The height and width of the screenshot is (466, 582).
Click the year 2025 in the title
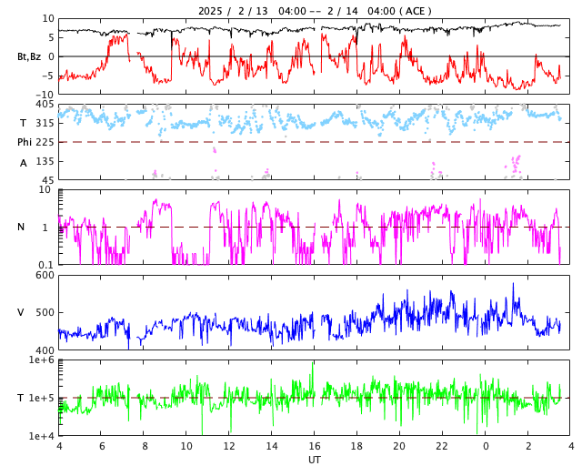point(210,11)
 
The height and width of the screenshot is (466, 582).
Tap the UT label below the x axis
point(314,460)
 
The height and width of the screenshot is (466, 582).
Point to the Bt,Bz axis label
point(29,56)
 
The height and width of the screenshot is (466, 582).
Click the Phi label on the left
point(25,142)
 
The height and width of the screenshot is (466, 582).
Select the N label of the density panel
point(21,227)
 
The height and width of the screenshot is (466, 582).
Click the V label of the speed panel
point(21,312)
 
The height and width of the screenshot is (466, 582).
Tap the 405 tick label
point(45,105)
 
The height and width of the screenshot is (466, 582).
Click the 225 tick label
point(45,142)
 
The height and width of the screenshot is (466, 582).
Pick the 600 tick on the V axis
point(45,275)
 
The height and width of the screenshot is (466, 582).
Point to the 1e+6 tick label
point(41,360)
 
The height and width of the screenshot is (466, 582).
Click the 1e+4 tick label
point(41,436)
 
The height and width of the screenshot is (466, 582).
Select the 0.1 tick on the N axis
point(44,265)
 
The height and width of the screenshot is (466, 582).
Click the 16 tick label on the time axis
point(315,446)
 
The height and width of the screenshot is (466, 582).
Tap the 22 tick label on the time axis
point(442,446)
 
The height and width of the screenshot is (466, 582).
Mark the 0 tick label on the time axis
point(486,446)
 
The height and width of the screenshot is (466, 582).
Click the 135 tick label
point(45,161)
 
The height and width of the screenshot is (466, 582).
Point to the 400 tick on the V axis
point(45,350)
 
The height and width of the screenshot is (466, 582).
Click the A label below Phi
point(24,163)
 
